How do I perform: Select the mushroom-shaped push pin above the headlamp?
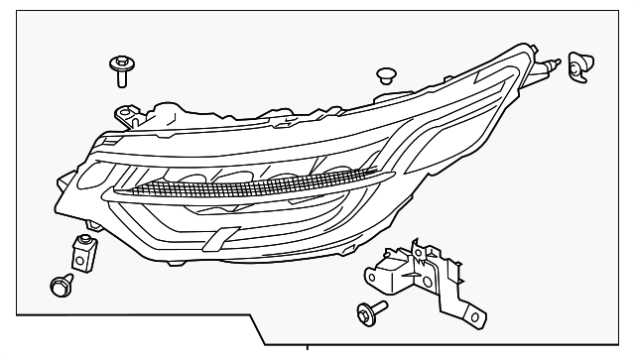(x=387, y=76)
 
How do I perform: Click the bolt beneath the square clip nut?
(x=59, y=288)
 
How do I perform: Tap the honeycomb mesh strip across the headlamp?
(x=238, y=180)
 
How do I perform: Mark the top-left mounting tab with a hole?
(x=125, y=113)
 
